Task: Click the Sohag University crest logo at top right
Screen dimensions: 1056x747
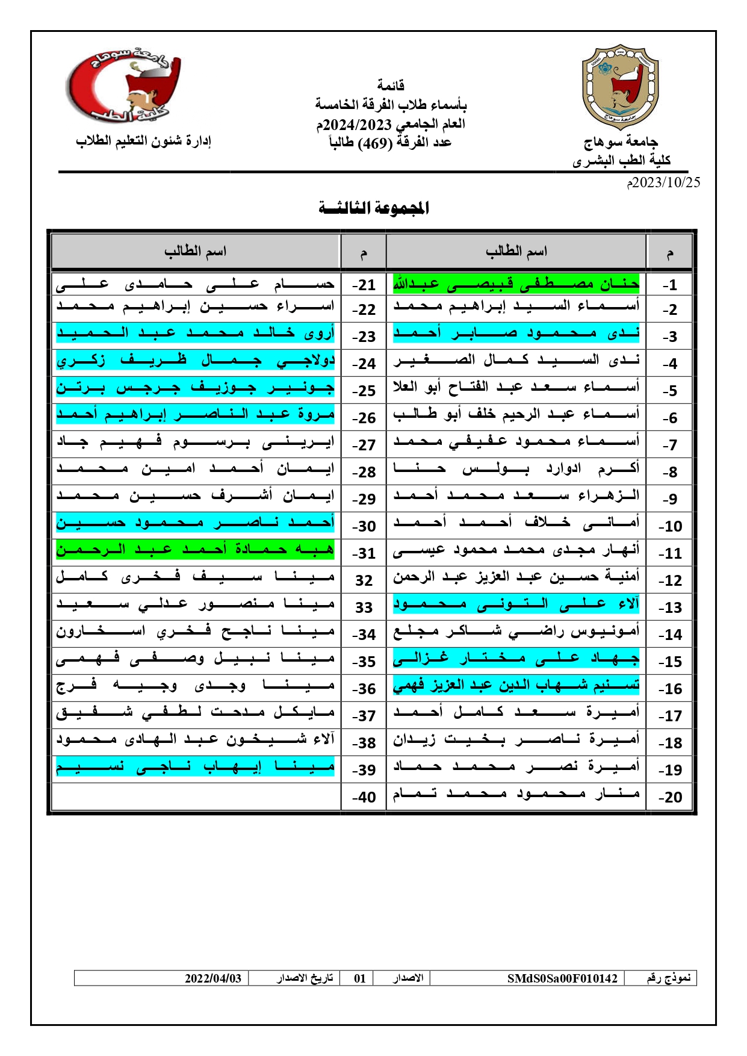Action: point(620,87)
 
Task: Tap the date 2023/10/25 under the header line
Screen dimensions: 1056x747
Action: point(663,182)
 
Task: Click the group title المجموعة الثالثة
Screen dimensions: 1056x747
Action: point(374,208)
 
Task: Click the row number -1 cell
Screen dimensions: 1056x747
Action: point(669,285)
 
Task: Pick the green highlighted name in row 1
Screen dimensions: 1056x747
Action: point(516,283)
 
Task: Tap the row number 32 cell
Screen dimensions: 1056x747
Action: point(364,580)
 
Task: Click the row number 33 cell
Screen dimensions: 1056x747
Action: point(364,607)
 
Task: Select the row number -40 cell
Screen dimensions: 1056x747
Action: point(364,797)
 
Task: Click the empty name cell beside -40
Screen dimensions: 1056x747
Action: point(196,797)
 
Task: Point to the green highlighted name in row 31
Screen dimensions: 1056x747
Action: point(195,550)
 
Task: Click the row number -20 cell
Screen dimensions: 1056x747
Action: point(669,797)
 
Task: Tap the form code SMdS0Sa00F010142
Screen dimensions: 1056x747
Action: point(562,978)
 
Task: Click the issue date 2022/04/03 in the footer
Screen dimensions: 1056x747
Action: point(213,978)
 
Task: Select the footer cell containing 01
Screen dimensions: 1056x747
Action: point(360,978)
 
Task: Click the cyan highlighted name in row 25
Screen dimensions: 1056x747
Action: point(195,388)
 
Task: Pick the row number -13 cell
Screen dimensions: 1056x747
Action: point(669,607)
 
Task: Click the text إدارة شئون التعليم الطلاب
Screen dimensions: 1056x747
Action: point(143,141)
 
